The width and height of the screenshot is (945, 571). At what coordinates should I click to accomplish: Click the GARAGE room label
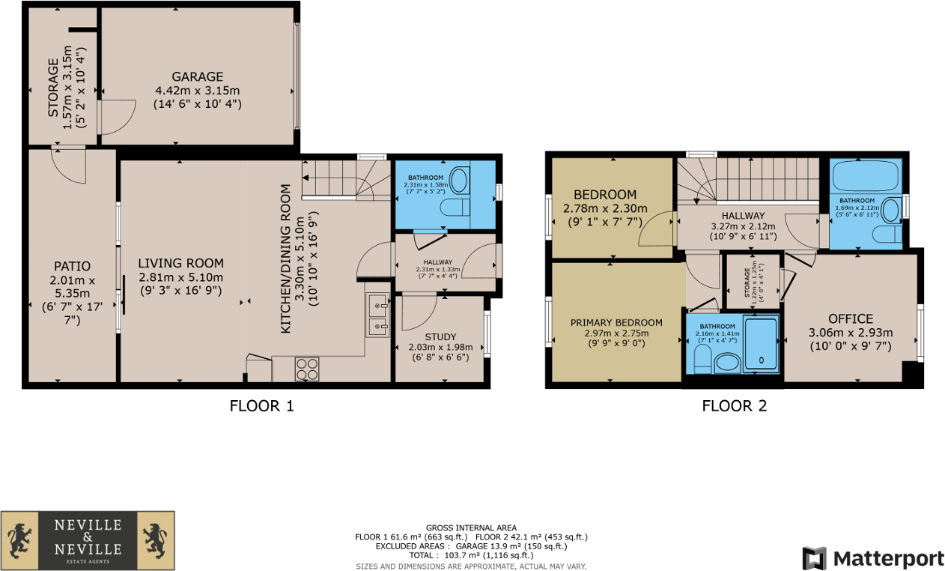coord(197,76)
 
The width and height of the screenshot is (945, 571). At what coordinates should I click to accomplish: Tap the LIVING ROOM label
coord(180,263)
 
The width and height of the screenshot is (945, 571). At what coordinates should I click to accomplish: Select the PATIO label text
coord(72,266)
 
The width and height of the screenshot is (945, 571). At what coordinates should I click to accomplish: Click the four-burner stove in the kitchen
coord(307,369)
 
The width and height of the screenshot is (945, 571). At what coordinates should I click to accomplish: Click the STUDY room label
coord(440,336)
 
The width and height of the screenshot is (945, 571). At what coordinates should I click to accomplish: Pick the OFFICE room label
coord(851,318)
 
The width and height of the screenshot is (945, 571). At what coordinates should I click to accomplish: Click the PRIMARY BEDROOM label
coord(616,323)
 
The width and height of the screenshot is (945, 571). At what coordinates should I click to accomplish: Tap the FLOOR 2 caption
coord(734,407)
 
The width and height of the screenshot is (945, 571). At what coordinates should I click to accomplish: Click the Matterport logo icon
coord(814,558)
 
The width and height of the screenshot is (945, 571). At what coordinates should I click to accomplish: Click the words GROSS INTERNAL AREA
coord(471,528)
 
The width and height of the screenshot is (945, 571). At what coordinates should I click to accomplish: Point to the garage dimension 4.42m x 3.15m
coord(197,91)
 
